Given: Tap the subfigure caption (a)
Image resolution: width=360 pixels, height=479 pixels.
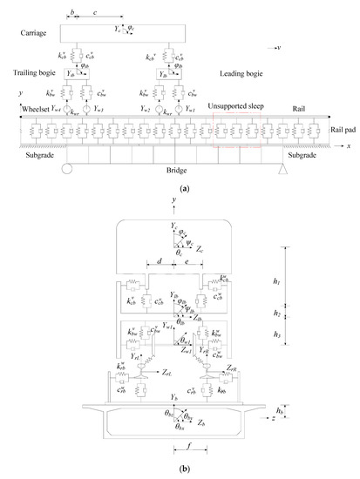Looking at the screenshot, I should click(x=180, y=186).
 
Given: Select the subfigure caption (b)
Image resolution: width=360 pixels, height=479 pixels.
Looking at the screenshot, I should click(x=180, y=466).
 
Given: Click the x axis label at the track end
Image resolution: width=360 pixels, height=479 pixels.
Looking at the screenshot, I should click(x=341, y=145).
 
